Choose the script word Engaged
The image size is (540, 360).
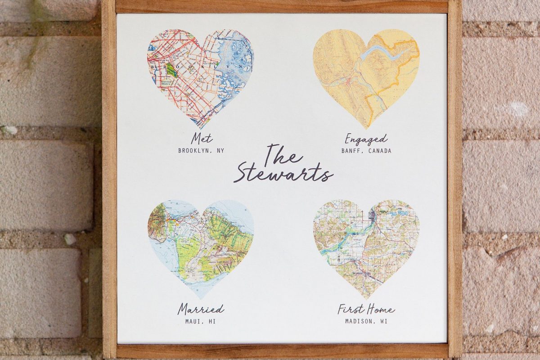tap(366, 138)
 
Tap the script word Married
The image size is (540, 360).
tap(201, 309)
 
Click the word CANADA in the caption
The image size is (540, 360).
tap(379, 151)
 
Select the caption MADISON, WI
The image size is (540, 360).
tap(366, 321)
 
